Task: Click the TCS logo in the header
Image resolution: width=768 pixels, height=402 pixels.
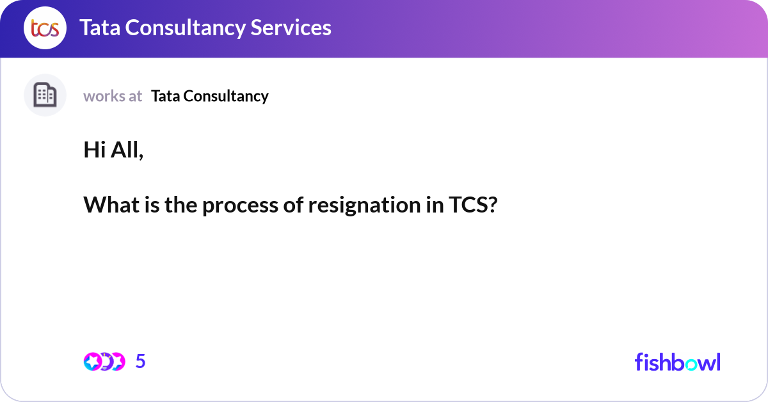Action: pyautogui.click(x=45, y=28)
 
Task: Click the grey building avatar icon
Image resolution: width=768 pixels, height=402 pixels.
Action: pyautogui.click(x=45, y=95)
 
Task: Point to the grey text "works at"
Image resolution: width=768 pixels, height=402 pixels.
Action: pyautogui.click(x=113, y=96)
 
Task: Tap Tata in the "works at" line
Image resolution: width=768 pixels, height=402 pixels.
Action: pyautogui.click(x=164, y=96)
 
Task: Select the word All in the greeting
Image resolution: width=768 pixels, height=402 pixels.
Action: pyautogui.click(x=127, y=150)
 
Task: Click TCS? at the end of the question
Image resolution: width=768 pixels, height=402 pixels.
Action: pyautogui.click(x=470, y=205)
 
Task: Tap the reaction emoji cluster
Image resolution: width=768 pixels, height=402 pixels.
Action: pyautogui.click(x=104, y=362)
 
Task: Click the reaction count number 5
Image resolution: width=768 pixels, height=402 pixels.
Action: pyautogui.click(x=141, y=362)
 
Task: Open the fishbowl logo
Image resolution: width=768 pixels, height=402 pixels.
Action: pyautogui.click(x=677, y=362)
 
